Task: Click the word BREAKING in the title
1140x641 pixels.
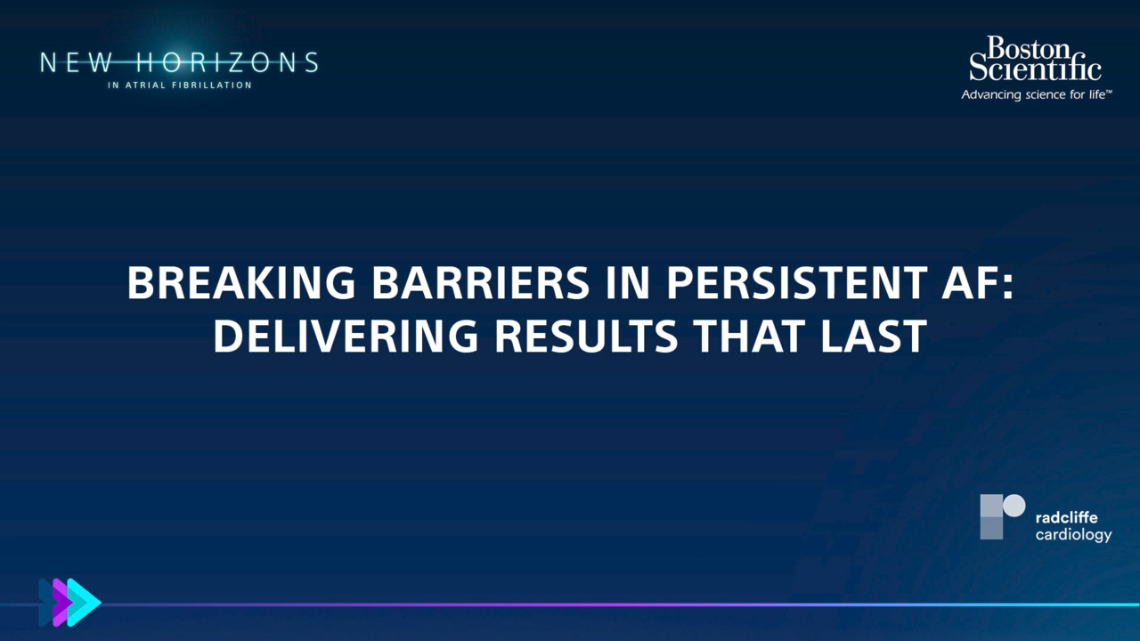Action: coord(241,283)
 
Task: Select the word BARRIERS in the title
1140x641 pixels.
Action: coord(481,283)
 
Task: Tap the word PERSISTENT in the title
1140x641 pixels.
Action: coord(797,283)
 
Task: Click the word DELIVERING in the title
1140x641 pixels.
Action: coord(346,336)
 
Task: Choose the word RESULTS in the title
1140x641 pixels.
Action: coord(586,336)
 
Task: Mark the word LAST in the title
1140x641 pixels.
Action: coord(874,336)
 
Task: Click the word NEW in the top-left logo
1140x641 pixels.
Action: coord(77,62)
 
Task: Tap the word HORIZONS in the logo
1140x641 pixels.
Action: coord(227,62)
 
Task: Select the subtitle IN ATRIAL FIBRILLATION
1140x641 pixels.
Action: coord(180,85)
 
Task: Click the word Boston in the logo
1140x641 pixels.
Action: coord(1029,48)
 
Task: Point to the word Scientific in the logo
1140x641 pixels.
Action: coord(1035,69)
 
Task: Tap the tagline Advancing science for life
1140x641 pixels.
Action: coord(1036,95)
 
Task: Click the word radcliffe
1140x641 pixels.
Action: coord(1066,517)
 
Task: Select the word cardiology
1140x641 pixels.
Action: coord(1073,535)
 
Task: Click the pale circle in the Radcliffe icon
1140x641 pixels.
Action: coord(1014,506)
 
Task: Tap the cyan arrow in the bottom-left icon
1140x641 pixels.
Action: coord(84,603)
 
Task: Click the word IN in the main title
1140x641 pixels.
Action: coord(628,283)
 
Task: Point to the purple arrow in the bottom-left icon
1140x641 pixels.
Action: coord(62,603)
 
